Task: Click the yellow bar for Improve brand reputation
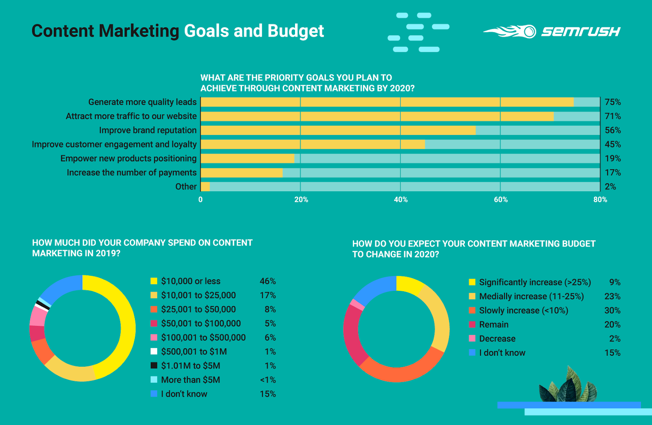[338, 131]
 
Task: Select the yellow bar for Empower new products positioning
[247, 159]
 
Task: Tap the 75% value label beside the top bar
[612, 102]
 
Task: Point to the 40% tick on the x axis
[401, 199]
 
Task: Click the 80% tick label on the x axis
[600, 199]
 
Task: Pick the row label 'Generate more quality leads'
[142, 102]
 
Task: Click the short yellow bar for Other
[205, 187]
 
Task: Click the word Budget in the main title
[296, 31]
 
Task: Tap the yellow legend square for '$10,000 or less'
[154, 281]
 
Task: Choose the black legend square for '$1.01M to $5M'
[154, 365]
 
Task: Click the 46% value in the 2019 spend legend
[268, 281]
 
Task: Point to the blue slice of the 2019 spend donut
[61, 288]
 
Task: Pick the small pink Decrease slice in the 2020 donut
[357, 304]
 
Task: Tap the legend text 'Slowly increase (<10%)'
[523, 310]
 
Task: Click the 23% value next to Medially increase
[612, 297]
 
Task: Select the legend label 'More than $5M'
[190, 380]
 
